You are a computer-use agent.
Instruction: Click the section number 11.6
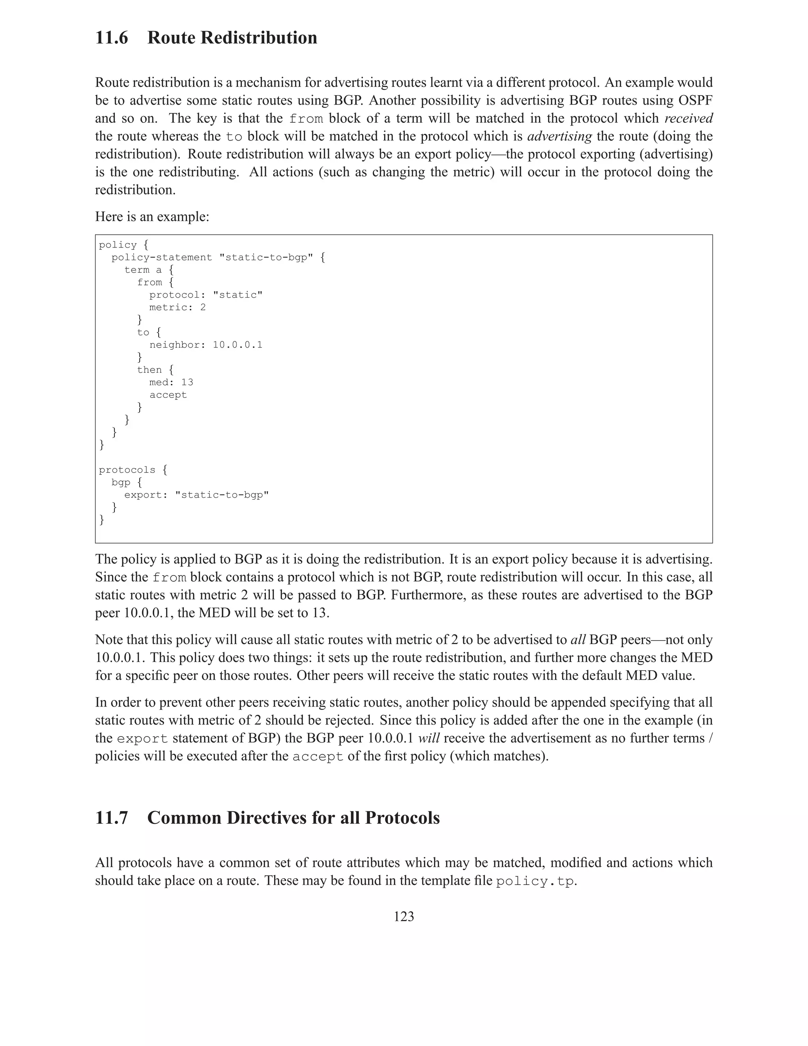[x=112, y=38]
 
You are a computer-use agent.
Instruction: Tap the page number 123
[x=404, y=916]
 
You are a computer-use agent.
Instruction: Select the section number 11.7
[x=112, y=817]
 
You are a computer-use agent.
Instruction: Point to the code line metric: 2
[x=177, y=307]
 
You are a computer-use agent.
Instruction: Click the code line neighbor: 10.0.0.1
[x=206, y=345]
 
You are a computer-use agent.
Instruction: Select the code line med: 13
[x=171, y=382]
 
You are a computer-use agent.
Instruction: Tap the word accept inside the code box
[x=168, y=395]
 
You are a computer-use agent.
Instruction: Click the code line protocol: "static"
[x=206, y=295]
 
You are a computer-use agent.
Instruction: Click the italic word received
[x=688, y=118]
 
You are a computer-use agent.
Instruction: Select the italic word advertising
[x=559, y=137]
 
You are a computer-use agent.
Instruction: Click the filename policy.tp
[x=534, y=882]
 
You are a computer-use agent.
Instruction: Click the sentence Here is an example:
[x=152, y=217]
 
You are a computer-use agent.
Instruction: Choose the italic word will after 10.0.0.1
[x=428, y=739]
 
